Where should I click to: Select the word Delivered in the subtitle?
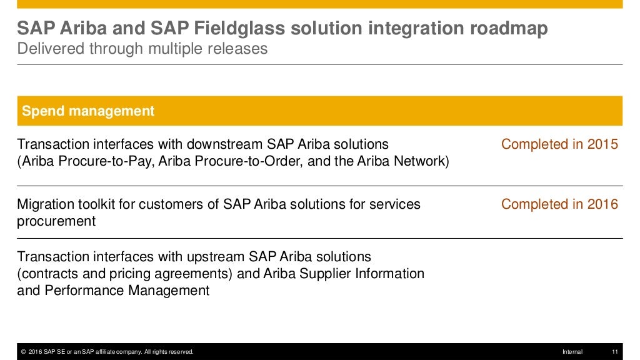[x=46, y=49]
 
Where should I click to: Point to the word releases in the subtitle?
[x=240, y=49]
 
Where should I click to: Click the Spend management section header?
[x=88, y=111]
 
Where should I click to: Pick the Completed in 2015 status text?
[x=559, y=144]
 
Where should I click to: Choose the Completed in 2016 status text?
[x=559, y=204]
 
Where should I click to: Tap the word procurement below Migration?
[x=56, y=221]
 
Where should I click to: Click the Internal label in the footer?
[x=572, y=352]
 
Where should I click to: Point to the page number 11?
[x=614, y=352]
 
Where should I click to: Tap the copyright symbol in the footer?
[x=23, y=352]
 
